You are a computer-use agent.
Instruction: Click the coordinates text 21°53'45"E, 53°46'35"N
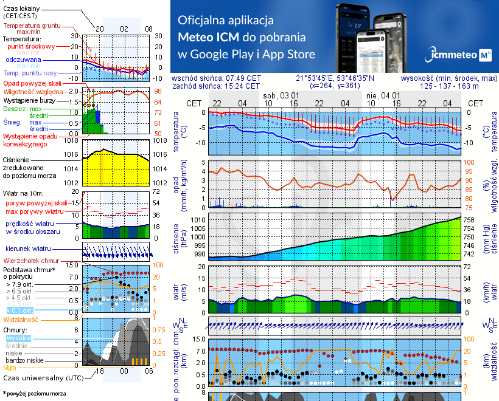[335, 78]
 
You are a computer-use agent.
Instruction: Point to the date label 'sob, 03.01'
[281, 95]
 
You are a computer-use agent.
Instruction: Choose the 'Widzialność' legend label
[21, 318]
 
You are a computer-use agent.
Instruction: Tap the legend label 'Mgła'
[10, 367]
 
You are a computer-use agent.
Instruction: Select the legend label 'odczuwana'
[23, 60]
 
